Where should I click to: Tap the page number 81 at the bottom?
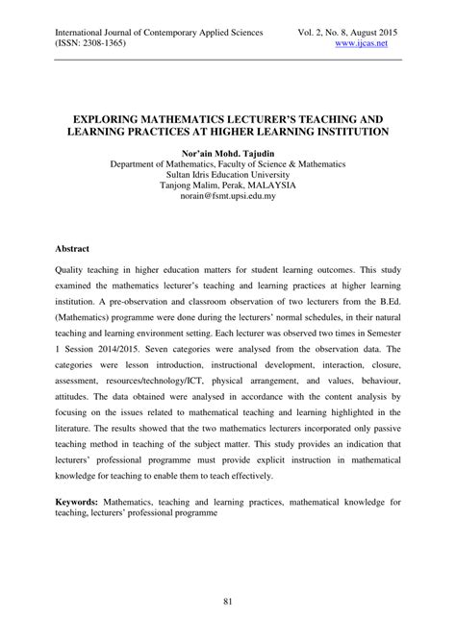[x=228, y=603]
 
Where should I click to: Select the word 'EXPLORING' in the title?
[x=103, y=112]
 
